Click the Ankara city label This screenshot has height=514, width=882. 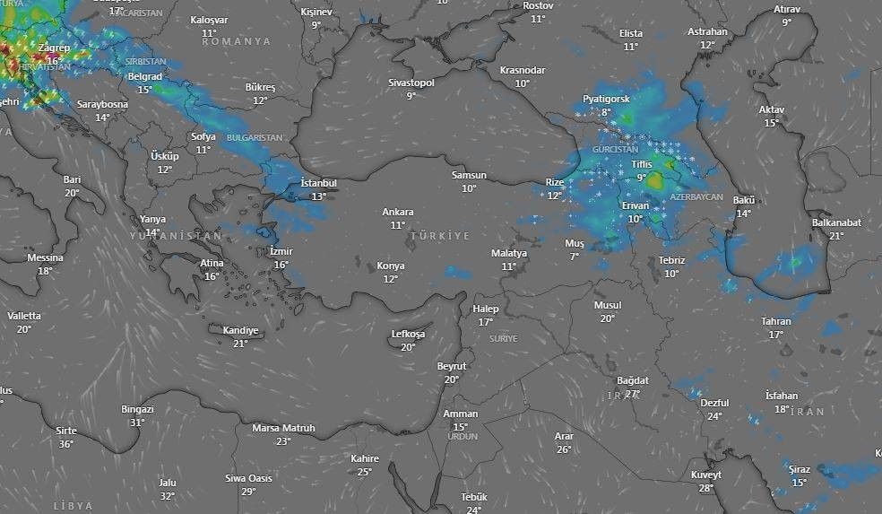tap(397, 212)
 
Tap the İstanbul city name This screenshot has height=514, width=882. tap(318, 183)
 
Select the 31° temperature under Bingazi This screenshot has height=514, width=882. tap(137, 423)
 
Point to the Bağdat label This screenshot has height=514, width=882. tap(632, 380)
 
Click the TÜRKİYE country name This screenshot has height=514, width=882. tap(439, 235)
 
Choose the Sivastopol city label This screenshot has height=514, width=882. tap(411, 83)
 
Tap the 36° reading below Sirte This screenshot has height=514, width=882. tap(66, 444)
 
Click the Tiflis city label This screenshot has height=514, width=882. tap(641, 165)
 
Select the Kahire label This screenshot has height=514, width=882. tap(365, 458)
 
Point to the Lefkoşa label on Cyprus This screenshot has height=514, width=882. tap(408, 335)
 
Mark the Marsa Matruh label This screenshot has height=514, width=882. tap(283, 428)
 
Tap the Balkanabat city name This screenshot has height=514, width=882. tap(836, 222)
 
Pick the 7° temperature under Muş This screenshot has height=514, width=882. tap(574, 257)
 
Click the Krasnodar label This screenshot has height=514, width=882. tap(523, 70)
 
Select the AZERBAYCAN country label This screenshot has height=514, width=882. tap(696, 196)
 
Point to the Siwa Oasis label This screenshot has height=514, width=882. tap(248, 478)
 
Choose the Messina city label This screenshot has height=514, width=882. tap(45, 257)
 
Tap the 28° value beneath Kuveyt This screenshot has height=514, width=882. tap(706, 488)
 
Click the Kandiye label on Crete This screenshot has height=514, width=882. tap(240, 330)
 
